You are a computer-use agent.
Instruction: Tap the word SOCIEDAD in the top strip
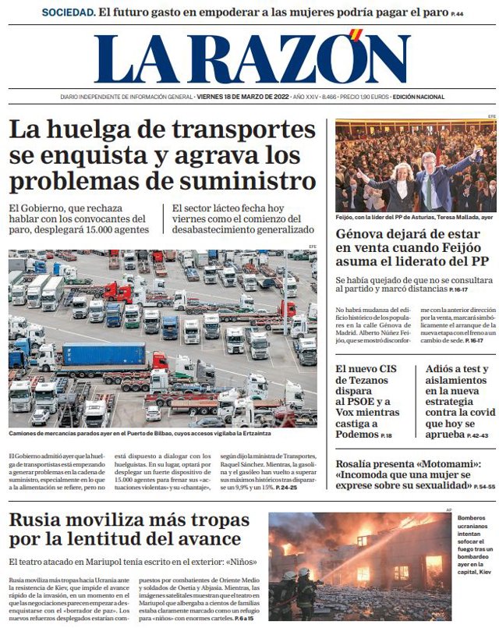[x=69, y=12]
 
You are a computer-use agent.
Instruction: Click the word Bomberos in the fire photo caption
[x=472, y=519]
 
